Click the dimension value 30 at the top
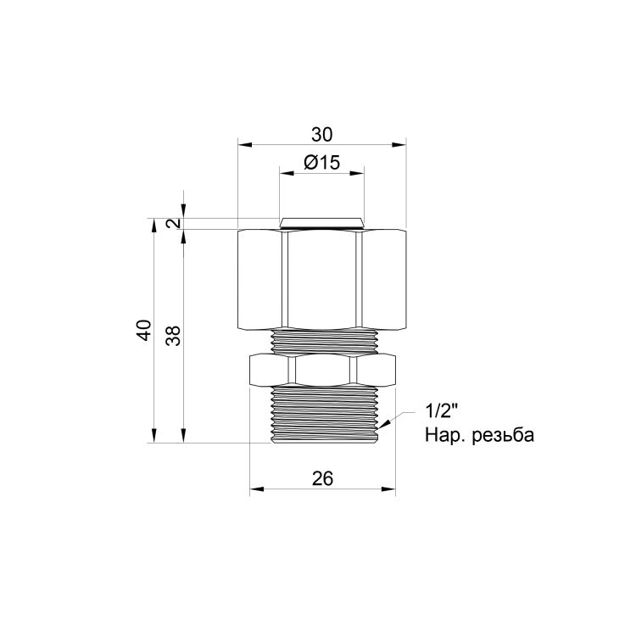322,134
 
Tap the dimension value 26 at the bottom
322,479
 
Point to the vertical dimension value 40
144,331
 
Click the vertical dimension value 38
174,336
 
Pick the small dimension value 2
174,223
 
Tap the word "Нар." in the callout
444,436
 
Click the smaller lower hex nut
322,370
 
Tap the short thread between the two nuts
322,341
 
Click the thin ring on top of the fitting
322,224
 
